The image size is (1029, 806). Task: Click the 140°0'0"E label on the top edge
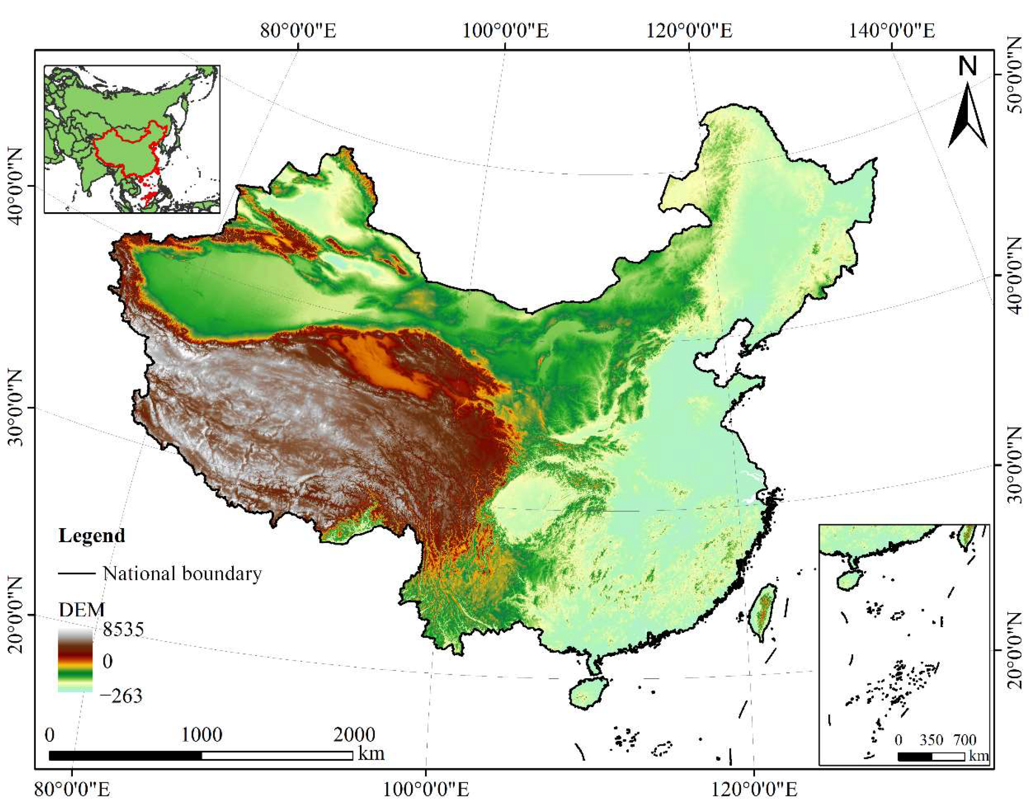(x=892, y=31)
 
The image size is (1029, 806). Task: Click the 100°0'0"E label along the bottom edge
(x=425, y=790)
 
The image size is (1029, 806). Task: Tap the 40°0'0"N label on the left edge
(x=15, y=186)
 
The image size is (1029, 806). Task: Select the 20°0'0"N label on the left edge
(x=15, y=615)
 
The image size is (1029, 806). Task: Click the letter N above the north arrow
(x=967, y=66)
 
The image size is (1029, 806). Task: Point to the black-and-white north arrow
(x=967, y=116)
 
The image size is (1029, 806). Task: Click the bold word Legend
(x=92, y=535)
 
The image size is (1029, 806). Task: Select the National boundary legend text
(x=182, y=574)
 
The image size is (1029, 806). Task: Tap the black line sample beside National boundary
(x=77, y=574)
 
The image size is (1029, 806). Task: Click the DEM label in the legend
(x=81, y=610)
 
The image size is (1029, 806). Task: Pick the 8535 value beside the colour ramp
(x=123, y=630)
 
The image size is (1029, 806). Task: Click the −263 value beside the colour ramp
(x=121, y=696)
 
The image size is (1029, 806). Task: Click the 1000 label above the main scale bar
(x=202, y=735)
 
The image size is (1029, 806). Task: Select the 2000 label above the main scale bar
(x=354, y=735)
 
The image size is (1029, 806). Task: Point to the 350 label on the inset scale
(x=931, y=740)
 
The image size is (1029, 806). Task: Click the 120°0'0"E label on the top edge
(x=689, y=31)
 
